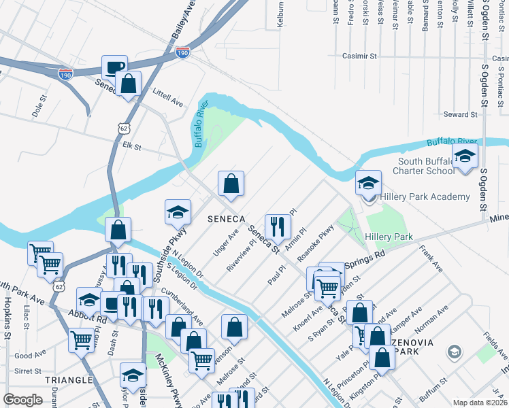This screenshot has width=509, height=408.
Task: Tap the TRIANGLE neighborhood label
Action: point(68,380)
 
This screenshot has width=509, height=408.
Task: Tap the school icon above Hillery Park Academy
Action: point(368,183)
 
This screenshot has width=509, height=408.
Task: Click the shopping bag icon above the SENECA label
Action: point(231,184)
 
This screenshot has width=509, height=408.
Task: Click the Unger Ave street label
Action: point(226,241)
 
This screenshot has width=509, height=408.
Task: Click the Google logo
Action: point(23,399)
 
